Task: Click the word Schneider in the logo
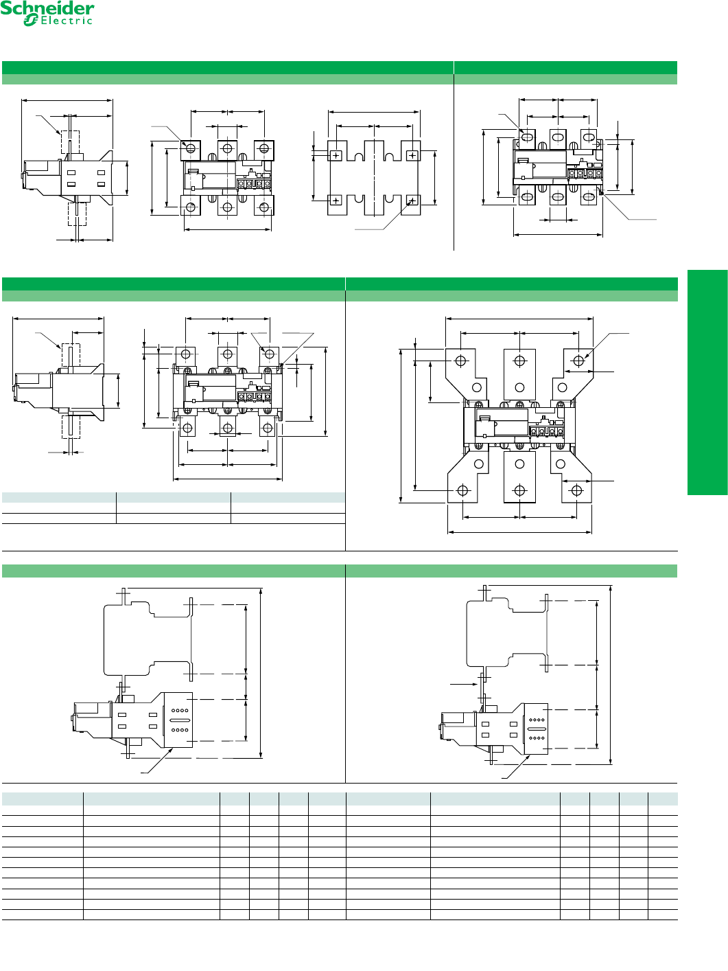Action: point(47,9)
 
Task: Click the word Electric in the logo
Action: point(67,21)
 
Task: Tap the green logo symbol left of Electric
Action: point(30,21)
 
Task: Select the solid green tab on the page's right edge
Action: point(707,382)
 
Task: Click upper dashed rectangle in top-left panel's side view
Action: point(71,142)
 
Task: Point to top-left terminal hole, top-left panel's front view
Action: point(191,148)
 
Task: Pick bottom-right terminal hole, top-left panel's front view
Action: point(263,206)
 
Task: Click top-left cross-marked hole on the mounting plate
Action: point(336,156)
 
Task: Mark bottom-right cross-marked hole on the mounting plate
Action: point(412,201)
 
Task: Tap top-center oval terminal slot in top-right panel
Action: point(558,137)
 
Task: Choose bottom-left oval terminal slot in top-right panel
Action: point(528,198)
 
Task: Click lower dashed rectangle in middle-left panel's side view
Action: point(71,426)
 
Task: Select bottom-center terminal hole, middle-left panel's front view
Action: point(227,428)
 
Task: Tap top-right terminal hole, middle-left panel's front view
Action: point(270,354)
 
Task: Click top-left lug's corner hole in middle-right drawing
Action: point(461,361)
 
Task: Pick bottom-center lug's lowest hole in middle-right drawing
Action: point(519,490)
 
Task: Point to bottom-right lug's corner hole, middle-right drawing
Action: point(576,490)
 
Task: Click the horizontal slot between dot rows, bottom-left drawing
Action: point(180,720)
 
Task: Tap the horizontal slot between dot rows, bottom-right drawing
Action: point(537,729)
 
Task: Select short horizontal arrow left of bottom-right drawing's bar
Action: point(464,684)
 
